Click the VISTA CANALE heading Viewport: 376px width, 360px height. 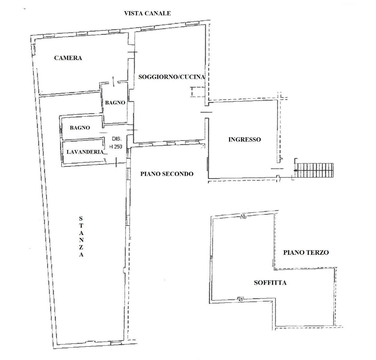(147, 13)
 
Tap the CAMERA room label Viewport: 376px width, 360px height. (68, 58)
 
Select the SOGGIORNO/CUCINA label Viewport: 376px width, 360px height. (172, 77)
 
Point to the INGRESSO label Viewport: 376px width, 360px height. (245, 139)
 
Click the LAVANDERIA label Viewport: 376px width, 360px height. (85, 152)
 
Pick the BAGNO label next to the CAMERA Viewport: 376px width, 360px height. (115, 103)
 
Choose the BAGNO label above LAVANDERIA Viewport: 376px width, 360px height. (80, 128)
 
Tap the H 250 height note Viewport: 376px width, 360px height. (116, 147)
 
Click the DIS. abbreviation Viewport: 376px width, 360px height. (117, 139)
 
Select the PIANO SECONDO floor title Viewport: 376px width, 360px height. (167, 174)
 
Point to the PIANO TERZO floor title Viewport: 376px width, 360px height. (306, 252)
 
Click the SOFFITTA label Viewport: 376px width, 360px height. (270, 283)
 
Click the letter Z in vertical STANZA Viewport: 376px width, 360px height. (81, 247)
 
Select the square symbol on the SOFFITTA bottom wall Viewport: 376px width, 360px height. (240, 299)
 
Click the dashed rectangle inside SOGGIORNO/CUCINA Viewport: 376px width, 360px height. (198, 92)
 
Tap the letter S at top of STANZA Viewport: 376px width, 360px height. (81, 219)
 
